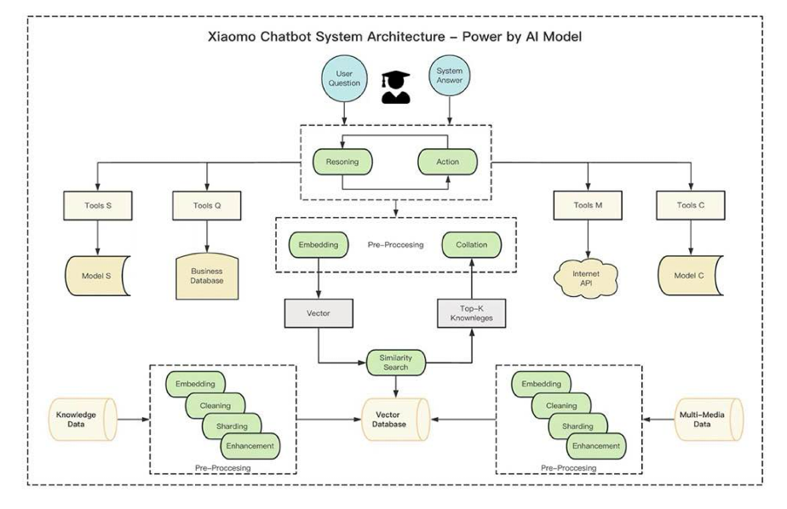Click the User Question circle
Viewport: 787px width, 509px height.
(344, 78)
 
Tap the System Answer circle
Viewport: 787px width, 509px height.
(449, 76)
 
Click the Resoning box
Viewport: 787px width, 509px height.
(342, 162)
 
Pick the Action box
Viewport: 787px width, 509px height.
(448, 162)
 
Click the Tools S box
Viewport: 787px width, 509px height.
(98, 206)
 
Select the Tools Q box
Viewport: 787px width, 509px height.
(207, 206)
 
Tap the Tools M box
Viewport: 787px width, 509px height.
(588, 205)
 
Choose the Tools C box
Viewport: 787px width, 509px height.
(691, 205)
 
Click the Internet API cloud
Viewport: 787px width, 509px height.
(586, 278)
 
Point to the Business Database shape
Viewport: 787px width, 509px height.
(207, 277)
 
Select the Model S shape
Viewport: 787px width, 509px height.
(97, 276)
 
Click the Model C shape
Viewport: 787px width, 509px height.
(690, 275)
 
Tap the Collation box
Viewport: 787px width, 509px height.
(471, 245)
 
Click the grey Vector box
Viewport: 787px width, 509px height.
(319, 313)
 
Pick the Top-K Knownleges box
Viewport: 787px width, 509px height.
(471, 313)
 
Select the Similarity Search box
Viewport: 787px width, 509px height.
(395, 363)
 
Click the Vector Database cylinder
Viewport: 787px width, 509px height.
(395, 420)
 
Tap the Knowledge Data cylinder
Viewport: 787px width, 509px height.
(83, 420)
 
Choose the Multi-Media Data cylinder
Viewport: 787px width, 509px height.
(708, 420)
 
